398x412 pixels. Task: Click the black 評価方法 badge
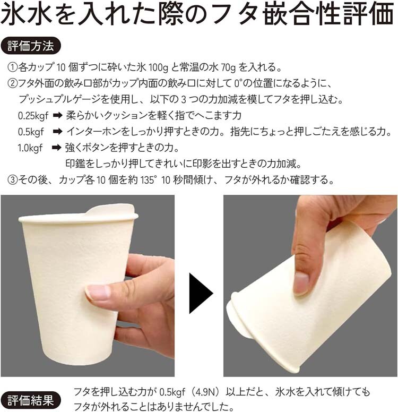(31, 46)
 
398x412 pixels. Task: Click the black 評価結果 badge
(31, 401)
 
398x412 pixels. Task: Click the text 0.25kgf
(33, 116)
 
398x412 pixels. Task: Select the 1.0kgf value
(30, 148)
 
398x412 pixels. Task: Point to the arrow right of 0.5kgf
(57, 132)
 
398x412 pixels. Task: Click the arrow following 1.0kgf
(56, 148)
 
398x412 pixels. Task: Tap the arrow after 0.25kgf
(57, 115)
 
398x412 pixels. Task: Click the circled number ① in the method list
(12, 67)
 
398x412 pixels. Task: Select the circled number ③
(12, 181)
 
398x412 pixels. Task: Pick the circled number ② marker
(12, 83)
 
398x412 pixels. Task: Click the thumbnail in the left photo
(97, 293)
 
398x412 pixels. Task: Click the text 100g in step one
(158, 68)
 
